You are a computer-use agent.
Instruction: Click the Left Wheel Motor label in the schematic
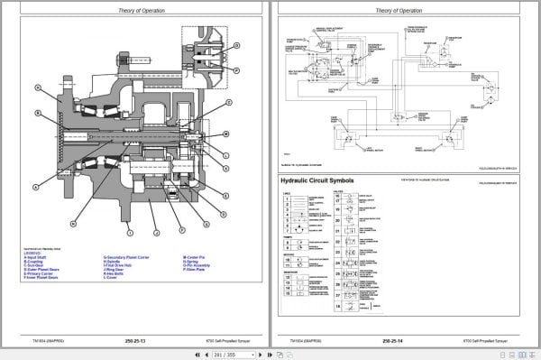(367, 147)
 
